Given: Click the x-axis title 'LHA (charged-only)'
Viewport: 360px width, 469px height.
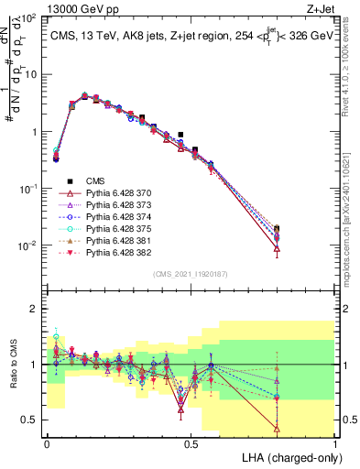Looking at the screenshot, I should (290, 456).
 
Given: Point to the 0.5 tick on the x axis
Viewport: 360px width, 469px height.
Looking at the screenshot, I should (191, 443).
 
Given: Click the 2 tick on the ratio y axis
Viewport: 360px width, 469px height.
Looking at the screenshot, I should (38, 309).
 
